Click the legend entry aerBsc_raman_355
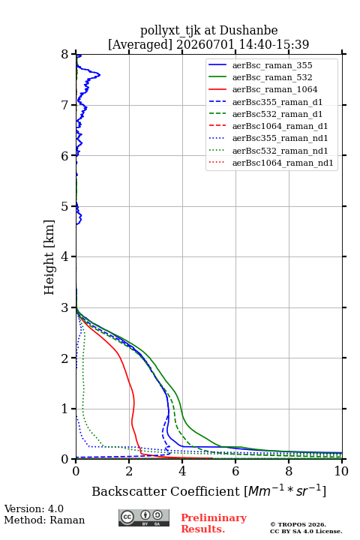(272, 65)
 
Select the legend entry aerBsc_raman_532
(272, 77)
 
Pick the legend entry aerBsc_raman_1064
(275, 89)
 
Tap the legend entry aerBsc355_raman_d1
(277, 102)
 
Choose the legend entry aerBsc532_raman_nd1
(280, 151)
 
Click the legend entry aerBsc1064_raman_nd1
(283, 163)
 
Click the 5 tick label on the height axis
(65, 206)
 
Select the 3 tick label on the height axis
(65, 307)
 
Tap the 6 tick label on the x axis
(235, 471)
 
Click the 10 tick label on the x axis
(341, 471)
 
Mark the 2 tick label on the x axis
(129, 471)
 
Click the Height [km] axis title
(49, 257)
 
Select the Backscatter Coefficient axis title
(208, 490)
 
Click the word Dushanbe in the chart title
(248, 31)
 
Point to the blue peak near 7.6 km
(100, 74)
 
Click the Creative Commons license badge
(144, 517)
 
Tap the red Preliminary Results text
(214, 523)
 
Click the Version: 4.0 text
(34, 508)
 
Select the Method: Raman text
(44, 520)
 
